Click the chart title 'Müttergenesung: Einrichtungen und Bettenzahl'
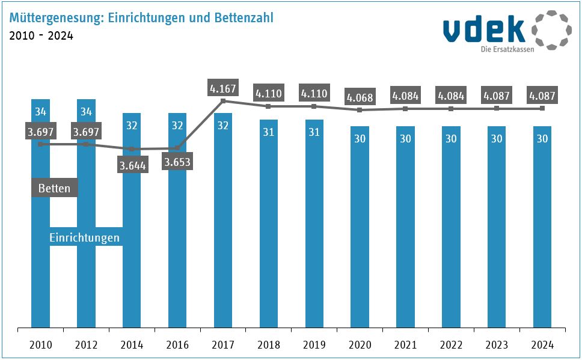(141, 18)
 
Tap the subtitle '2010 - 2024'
(41, 36)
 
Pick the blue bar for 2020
(360, 228)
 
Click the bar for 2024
(542, 228)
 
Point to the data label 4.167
(223, 88)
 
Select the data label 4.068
(360, 96)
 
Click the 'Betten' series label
(54, 188)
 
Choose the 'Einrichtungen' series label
(84, 237)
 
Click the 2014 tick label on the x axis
(132, 345)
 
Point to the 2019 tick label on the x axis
(314, 345)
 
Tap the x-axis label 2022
(451, 345)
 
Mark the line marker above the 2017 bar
(223, 101)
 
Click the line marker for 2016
(177, 148)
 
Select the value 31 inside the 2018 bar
(269, 132)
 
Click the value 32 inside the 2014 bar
(132, 126)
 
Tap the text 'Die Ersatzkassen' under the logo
(507, 49)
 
